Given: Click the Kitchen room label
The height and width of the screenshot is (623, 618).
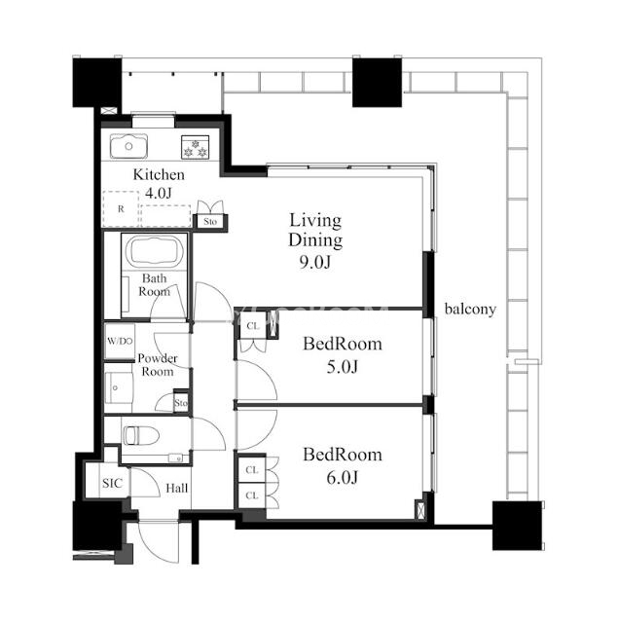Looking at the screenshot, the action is pos(159,175).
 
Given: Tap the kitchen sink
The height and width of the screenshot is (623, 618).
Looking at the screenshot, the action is pos(128,146).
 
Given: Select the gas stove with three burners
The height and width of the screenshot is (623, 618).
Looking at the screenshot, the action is pos(195,147).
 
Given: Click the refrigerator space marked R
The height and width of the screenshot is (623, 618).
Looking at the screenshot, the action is pos(121,209).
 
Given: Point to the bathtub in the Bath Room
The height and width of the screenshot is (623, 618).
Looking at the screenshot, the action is pos(155,252).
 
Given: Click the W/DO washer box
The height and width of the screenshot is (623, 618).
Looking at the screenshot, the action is pos(120,341).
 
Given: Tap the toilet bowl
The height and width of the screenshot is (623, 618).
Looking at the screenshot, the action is pos(141,436).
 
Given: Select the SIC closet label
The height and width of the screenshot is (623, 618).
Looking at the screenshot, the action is pos(112,483).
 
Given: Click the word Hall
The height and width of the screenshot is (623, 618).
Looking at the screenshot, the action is pos(177,488).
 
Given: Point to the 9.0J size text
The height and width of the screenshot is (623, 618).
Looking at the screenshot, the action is pos(315,262).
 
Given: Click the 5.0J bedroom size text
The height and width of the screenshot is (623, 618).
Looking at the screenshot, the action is pos(342,367).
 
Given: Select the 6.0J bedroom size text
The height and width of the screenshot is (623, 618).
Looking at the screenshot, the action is pos(342,477).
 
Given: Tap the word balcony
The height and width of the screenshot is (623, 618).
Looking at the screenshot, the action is pos(470,310).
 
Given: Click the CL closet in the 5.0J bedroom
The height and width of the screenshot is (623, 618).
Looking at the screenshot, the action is pos(253,326).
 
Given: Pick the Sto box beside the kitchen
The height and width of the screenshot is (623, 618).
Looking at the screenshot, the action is pos(210,221).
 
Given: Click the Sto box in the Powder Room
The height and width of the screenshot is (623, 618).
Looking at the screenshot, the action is pos(181,403).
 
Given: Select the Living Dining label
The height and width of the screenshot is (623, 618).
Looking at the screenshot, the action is pos(315,230).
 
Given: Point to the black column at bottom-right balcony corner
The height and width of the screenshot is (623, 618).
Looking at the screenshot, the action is pos(517,526).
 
